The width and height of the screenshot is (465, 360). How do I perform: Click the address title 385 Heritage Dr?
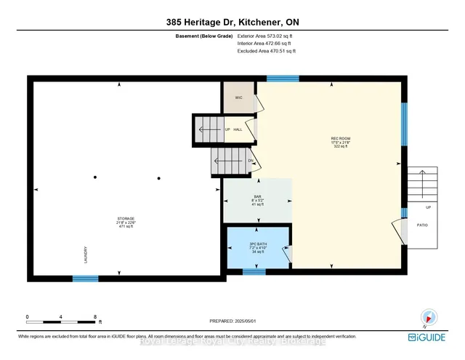coord(232,21)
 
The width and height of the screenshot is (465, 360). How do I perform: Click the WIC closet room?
coord(238,97)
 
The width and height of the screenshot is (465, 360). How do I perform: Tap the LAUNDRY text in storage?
coord(85,254)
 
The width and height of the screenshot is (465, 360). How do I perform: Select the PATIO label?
coord(423,225)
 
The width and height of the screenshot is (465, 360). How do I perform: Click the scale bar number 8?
coord(96,317)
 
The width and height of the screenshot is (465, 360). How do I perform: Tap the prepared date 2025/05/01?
coord(232,320)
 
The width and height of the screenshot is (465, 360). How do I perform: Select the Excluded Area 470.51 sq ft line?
coord(267,51)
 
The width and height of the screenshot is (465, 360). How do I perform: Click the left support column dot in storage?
coord(94,177)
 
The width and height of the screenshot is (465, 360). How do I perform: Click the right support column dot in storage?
coord(158,177)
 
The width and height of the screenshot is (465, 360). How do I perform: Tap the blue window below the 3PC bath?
coord(254,272)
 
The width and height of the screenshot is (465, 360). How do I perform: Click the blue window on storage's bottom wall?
coord(85,278)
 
